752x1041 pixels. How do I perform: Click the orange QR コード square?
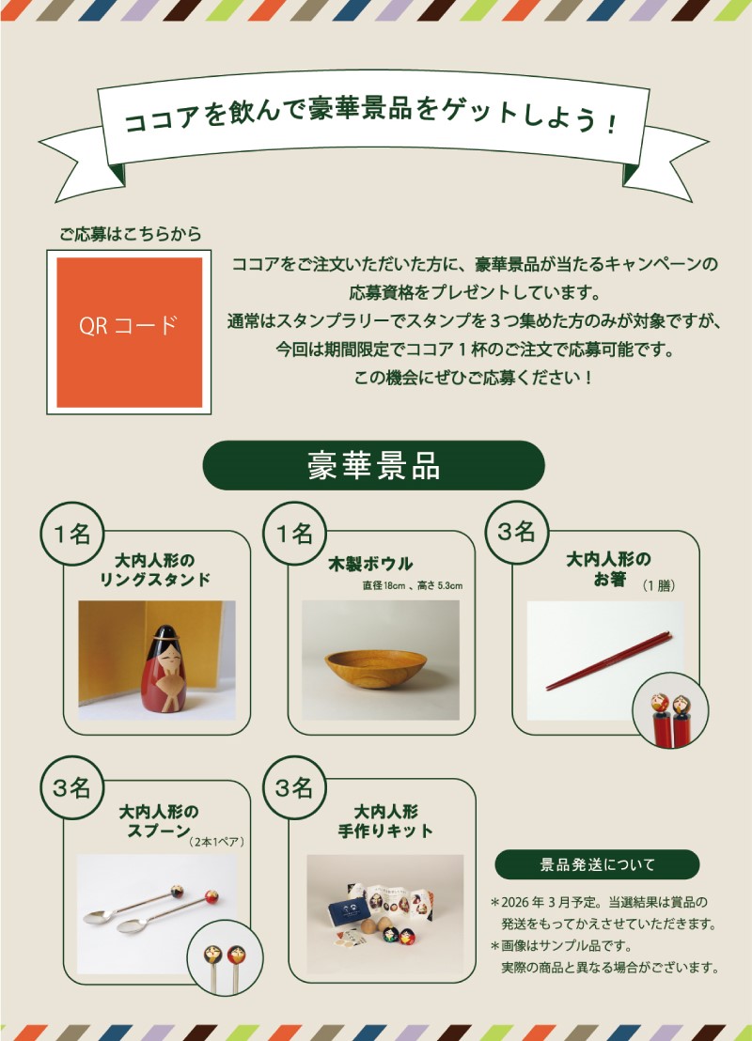[x=129, y=332]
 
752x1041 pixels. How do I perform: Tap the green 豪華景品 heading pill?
[x=373, y=465]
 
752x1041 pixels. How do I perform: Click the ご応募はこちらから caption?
[x=131, y=234]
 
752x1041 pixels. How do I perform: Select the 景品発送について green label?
[x=597, y=864]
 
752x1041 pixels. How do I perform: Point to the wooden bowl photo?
[x=381, y=660]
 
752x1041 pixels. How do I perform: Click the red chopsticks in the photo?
[x=608, y=661]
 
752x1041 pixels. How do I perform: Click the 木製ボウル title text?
[x=370, y=565]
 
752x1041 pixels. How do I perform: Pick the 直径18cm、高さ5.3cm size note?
[x=412, y=585]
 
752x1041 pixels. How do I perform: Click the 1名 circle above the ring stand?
[x=71, y=533]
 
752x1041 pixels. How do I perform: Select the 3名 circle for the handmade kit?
[x=294, y=787]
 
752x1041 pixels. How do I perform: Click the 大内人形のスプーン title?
[x=159, y=821]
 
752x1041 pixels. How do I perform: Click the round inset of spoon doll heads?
[x=225, y=957]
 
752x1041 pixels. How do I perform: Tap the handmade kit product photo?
[x=385, y=913]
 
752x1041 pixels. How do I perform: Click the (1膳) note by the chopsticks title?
[x=658, y=585]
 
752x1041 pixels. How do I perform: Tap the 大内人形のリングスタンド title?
[x=155, y=569]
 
